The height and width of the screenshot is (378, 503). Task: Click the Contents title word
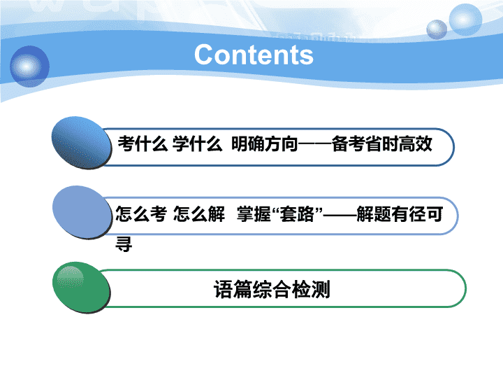(x=254, y=55)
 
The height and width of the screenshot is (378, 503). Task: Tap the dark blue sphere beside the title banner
(x=29, y=66)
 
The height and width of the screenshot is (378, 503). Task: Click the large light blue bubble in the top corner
(x=465, y=20)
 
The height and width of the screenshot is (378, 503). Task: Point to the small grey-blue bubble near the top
(x=437, y=29)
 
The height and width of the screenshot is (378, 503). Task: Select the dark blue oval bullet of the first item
(x=82, y=142)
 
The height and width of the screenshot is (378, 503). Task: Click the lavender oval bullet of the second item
(x=82, y=212)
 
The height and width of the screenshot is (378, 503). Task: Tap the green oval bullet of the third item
(x=82, y=288)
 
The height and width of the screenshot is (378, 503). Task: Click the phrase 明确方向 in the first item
(x=264, y=143)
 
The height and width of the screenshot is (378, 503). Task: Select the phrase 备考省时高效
(x=381, y=143)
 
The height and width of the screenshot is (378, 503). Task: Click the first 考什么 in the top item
(x=143, y=143)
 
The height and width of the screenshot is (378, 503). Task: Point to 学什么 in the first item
(x=197, y=143)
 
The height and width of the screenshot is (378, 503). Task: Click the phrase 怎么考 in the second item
(x=141, y=213)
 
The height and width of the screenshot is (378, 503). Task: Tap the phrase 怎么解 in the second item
(x=199, y=213)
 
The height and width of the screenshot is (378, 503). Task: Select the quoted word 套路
(x=297, y=213)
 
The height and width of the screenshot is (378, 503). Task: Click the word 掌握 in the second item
(x=254, y=213)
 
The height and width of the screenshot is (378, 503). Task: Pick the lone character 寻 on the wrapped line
(x=124, y=244)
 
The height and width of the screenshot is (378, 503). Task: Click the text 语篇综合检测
(x=272, y=289)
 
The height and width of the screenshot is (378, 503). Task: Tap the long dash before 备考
(x=314, y=144)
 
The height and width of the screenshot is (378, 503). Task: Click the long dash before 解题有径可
(x=340, y=214)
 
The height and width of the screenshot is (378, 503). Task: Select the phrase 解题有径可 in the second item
(x=400, y=213)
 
